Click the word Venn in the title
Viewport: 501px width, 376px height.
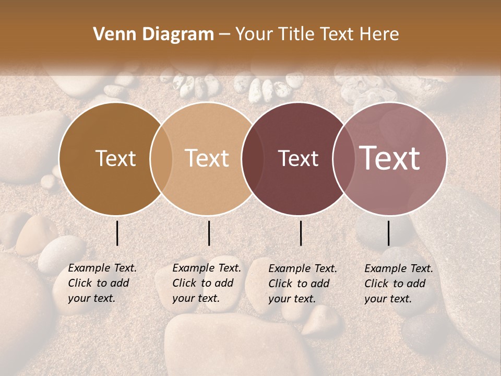point(112,34)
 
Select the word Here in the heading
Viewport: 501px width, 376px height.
point(379,34)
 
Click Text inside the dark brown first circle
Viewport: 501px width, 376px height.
point(115,158)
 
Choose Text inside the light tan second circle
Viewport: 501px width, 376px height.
point(207,158)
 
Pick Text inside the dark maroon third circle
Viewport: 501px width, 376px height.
point(298,158)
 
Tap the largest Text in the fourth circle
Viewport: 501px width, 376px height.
point(390,158)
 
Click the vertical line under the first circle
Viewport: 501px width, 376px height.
point(117,233)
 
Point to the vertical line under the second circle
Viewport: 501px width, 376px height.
point(209,233)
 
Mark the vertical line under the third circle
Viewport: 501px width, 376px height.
point(301,233)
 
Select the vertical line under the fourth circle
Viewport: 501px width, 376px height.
point(388,233)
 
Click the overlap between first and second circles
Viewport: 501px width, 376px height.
point(161,158)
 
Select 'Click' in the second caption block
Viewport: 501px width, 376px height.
point(184,284)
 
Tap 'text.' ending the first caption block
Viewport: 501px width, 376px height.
point(104,299)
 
